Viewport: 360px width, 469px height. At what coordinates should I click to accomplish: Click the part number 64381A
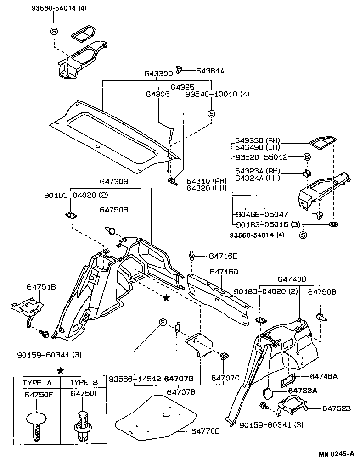click(210, 71)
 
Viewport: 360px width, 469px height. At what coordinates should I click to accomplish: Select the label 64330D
click(158, 73)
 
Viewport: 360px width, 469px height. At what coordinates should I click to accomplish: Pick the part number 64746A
click(323, 376)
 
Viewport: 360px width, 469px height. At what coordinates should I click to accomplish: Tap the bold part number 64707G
click(179, 379)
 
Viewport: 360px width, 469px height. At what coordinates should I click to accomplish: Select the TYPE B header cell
click(84, 382)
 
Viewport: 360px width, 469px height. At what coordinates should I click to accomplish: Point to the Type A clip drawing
click(36, 425)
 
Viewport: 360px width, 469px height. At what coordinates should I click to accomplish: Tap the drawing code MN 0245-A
click(337, 454)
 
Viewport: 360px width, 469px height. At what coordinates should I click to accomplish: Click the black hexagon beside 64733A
click(267, 394)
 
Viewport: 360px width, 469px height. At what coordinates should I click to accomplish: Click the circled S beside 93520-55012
click(307, 157)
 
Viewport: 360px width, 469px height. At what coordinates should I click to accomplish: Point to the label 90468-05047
click(262, 213)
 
